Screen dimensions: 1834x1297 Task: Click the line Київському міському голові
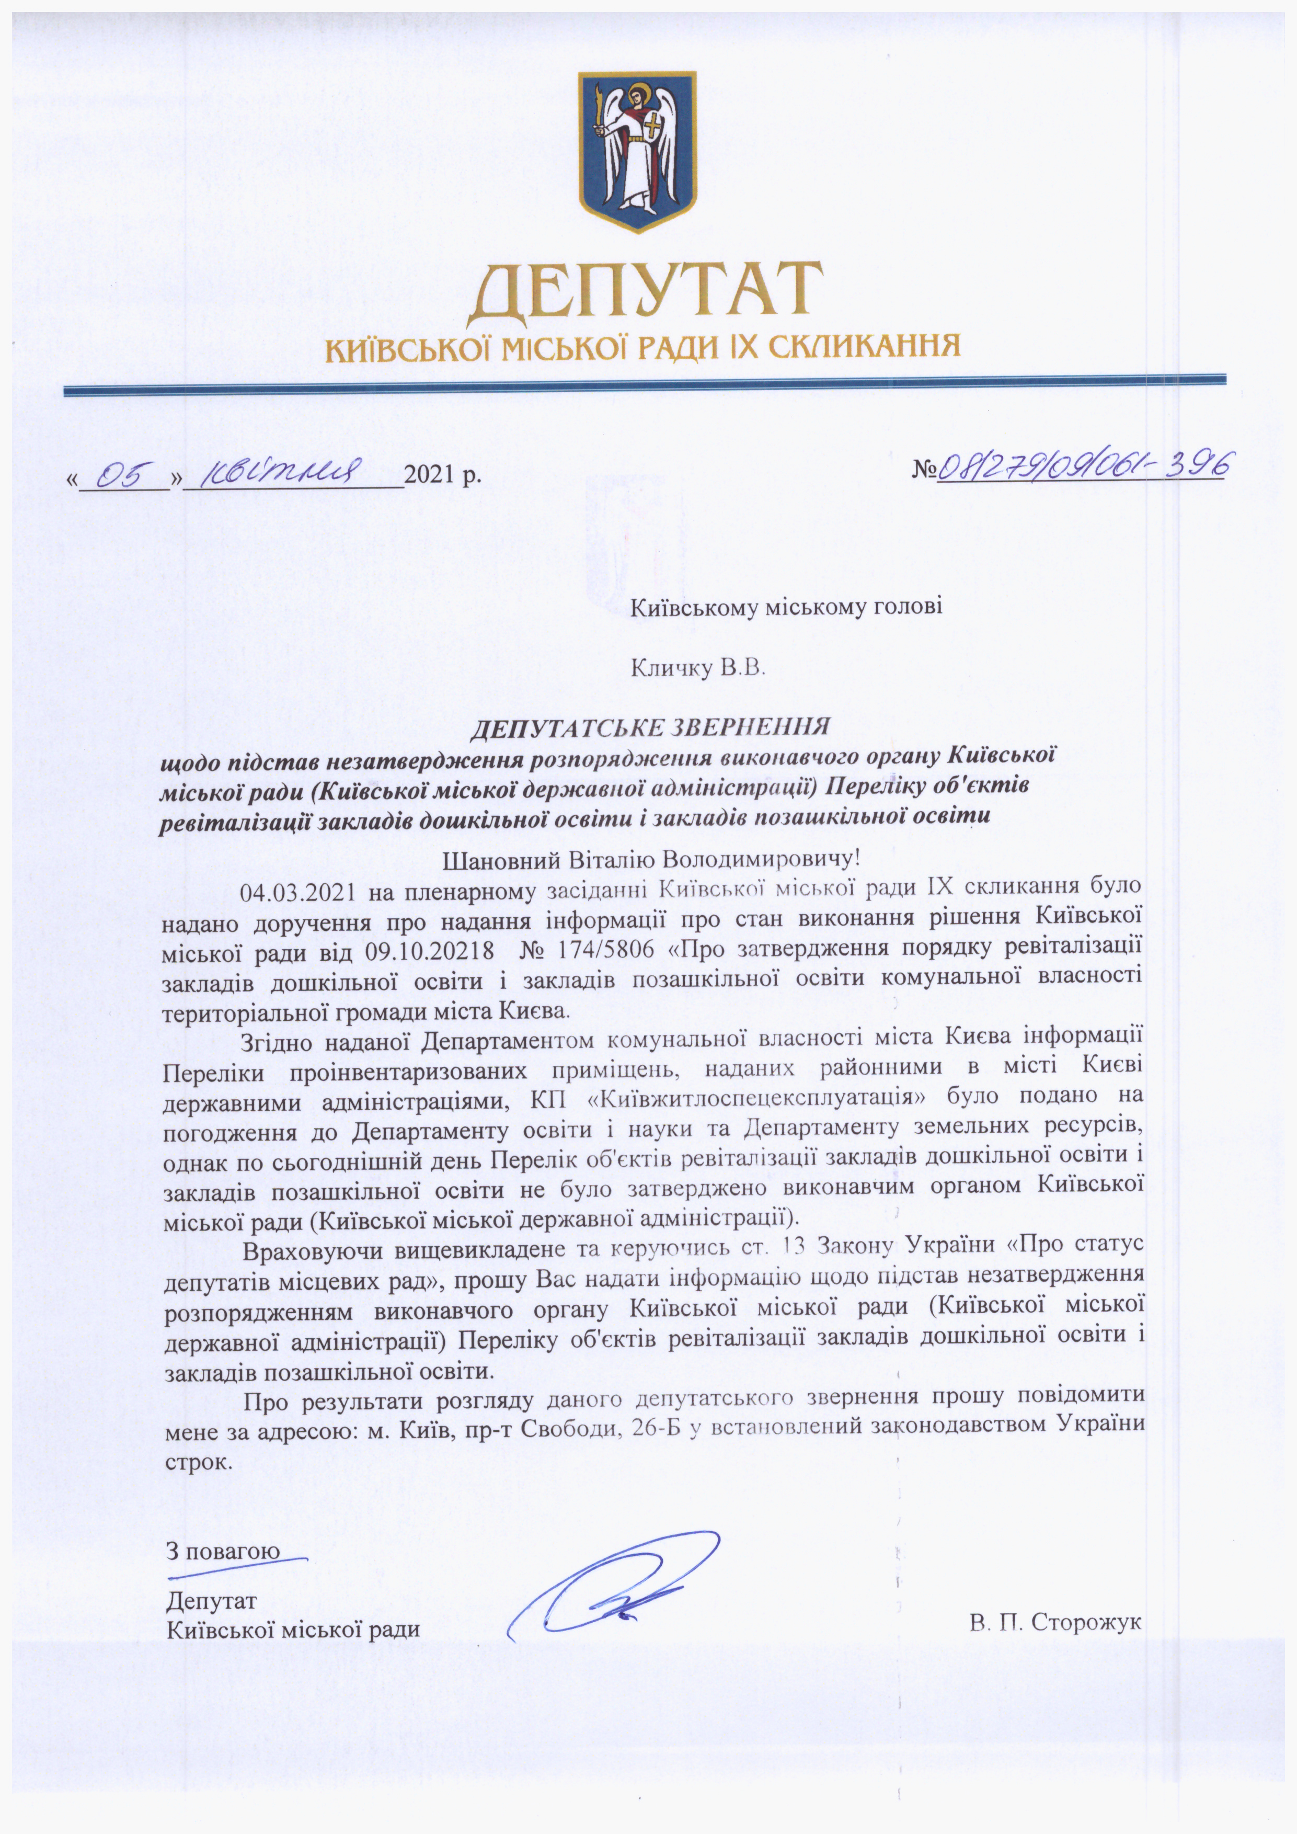point(787,608)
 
